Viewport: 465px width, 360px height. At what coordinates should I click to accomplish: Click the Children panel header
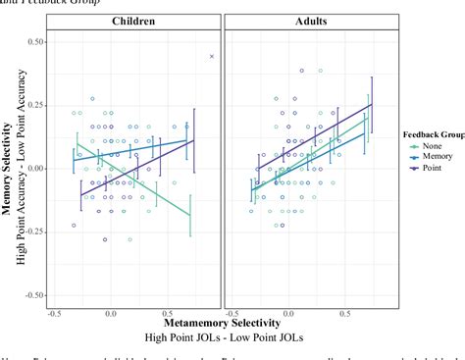pyautogui.click(x=136, y=21)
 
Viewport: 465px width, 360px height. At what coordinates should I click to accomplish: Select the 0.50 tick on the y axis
pyautogui.click(x=36, y=42)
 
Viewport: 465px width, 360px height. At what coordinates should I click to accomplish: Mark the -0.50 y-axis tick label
pyautogui.click(x=34, y=294)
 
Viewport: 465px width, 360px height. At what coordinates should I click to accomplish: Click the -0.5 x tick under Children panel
pyautogui.click(x=53, y=313)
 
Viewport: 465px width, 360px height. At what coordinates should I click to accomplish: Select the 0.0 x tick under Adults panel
pyautogui.click(x=285, y=313)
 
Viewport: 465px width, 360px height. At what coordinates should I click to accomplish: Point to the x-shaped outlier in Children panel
pyautogui.click(x=212, y=57)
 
